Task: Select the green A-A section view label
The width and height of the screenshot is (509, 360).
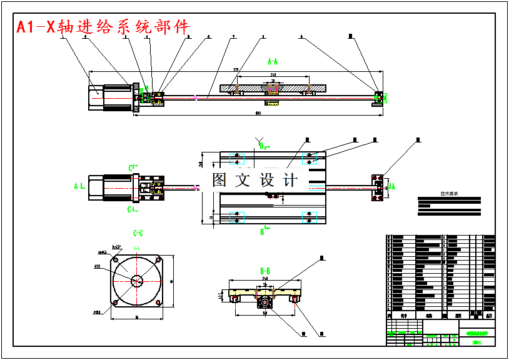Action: [x=273, y=61]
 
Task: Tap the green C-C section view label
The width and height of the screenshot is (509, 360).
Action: [x=138, y=233]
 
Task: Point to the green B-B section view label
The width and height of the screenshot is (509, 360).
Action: [x=265, y=271]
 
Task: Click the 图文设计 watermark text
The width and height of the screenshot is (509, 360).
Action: [x=254, y=180]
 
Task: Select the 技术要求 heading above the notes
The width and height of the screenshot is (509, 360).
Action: [x=449, y=194]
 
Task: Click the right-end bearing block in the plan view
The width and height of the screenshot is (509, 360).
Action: [x=378, y=186]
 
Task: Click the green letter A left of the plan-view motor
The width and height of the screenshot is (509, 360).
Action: [x=76, y=186]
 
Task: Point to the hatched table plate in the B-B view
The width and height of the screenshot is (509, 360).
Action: [x=265, y=292]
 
